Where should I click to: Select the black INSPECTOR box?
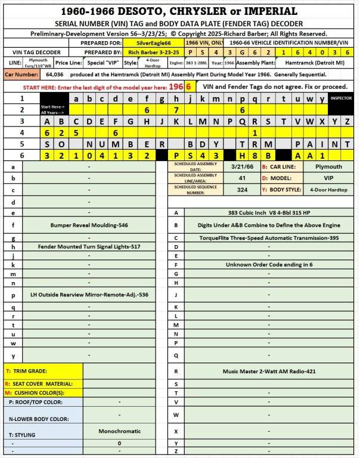342,98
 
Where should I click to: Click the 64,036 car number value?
54,75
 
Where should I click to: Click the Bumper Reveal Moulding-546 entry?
89,225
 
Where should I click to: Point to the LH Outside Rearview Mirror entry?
89,295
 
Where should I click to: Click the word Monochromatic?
119,431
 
